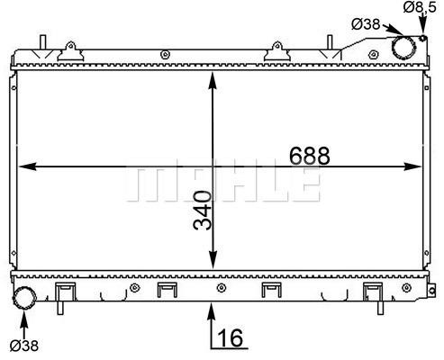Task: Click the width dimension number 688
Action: [310, 156]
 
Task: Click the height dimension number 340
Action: [203, 211]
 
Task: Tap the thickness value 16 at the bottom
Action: [230, 337]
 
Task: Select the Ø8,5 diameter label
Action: [419, 7]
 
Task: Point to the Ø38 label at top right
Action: [366, 24]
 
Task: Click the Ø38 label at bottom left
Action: [24, 346]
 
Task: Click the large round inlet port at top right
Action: [404, 48]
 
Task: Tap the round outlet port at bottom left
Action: [24, 298]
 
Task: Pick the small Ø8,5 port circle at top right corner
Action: [423, 39]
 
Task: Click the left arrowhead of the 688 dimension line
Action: [28, 166]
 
